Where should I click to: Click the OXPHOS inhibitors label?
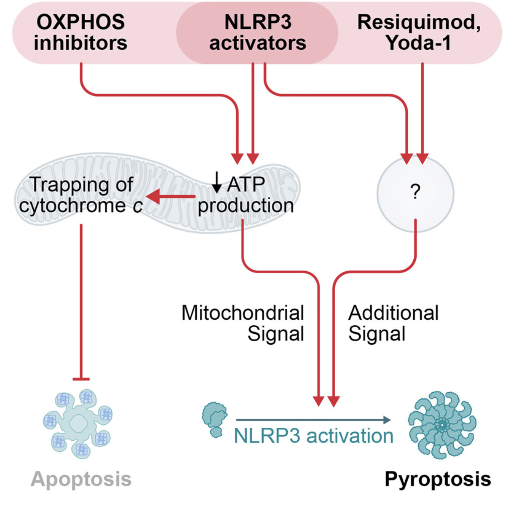[x=81, y=32]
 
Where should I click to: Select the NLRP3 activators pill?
[x=257, y=32]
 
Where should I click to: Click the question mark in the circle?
[x=415, y=192]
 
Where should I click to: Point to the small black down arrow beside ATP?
[x=217, y=183]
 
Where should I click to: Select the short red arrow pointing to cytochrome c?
[x=170, y=196]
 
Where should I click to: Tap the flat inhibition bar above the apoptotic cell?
[x=81, y=379]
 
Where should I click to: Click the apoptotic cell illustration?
[x=78, y=423]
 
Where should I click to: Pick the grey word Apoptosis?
[x=81, y=479]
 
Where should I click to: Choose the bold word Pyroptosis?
[x=438, y=479]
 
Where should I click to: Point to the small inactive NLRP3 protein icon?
[x=215, y=419]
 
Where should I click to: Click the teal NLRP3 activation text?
[x=314, y=436]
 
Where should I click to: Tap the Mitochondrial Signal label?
[x=243, y=323]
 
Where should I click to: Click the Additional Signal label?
[x=393, y=323]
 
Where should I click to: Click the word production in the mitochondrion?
[x=246, y=206]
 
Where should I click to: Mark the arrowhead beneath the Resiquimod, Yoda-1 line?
[x=422, y=159]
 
